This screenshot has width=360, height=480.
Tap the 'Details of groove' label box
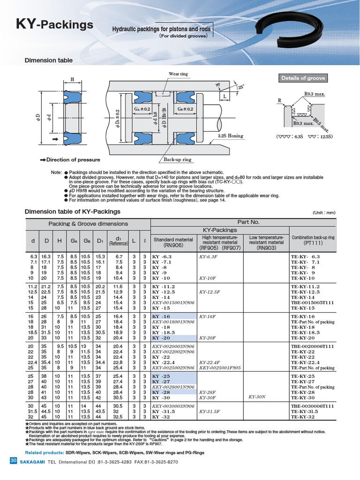303,78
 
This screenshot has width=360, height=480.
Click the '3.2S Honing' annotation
230,136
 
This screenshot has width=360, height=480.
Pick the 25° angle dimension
241,88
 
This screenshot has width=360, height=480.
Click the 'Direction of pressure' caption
70,160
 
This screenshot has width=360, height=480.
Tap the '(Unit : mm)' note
324,212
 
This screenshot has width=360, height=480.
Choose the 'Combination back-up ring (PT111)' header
313,240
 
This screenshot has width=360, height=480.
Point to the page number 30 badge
13,462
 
